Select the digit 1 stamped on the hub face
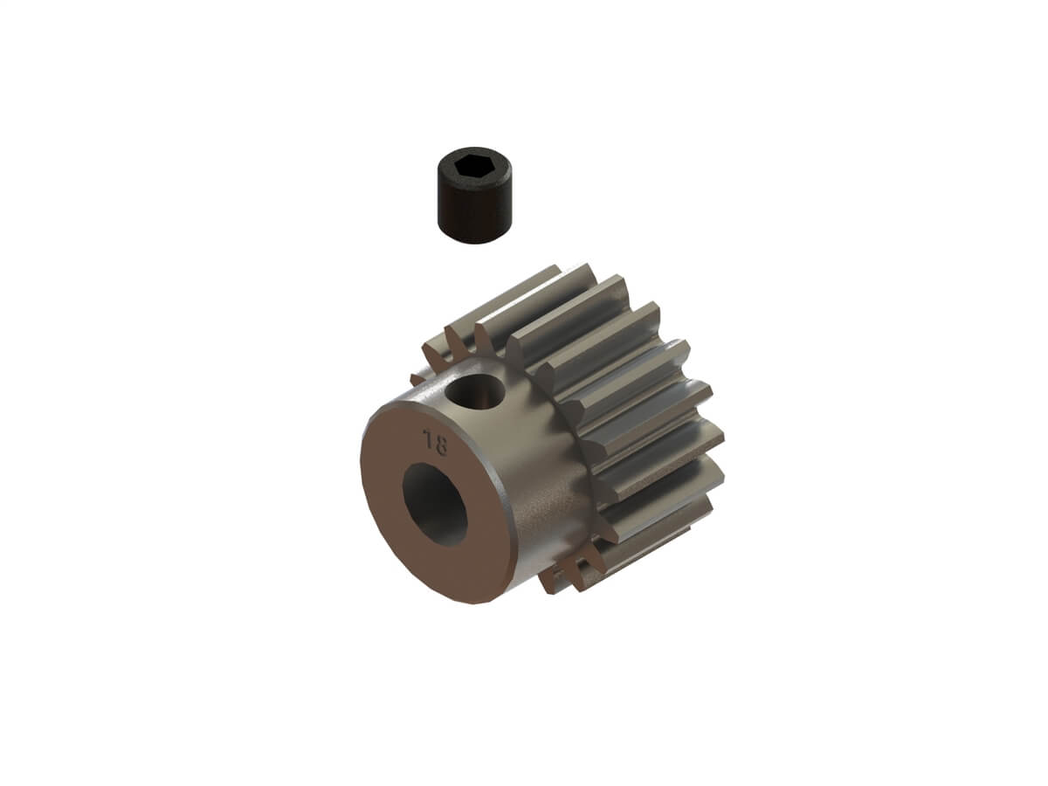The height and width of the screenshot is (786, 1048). pyautogui.click(x=427, y=439)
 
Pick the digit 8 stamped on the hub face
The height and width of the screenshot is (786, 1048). pyautogui.click(x=440, y=445)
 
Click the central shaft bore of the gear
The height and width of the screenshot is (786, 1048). pyautogui.click(x=435, y=503)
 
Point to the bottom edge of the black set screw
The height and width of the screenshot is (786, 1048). pyautogui.click(x=472, y=232)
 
